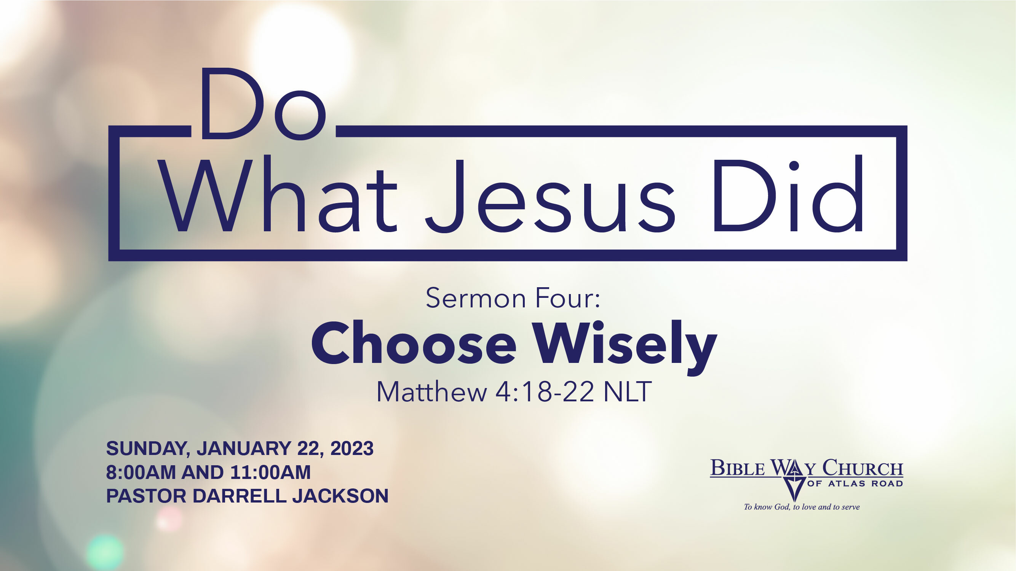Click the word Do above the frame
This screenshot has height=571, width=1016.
[263, 103]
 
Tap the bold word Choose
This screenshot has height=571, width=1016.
[414, 343]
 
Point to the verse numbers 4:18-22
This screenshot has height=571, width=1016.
[545, 392]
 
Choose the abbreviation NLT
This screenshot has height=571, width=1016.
[628, 392]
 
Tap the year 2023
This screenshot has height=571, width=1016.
[352, 449]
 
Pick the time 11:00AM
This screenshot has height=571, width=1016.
[270, 472]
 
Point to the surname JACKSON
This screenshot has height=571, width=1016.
[340, 496]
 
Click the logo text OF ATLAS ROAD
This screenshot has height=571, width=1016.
[855, 484]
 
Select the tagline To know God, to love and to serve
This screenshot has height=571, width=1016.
[802, 507]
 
